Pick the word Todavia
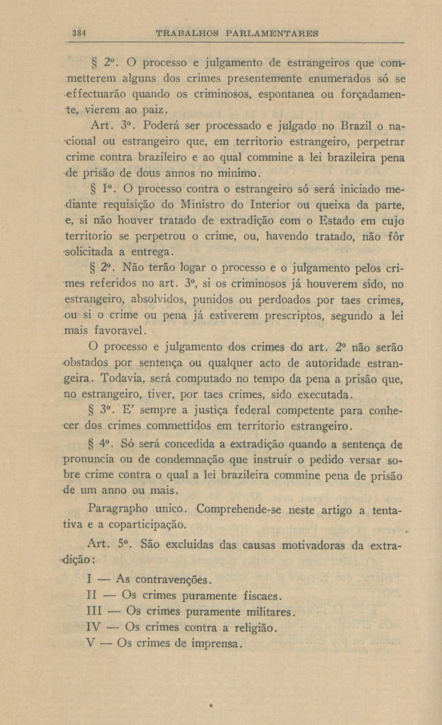(x=122, y=379)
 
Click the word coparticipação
(x=147, y=524)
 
